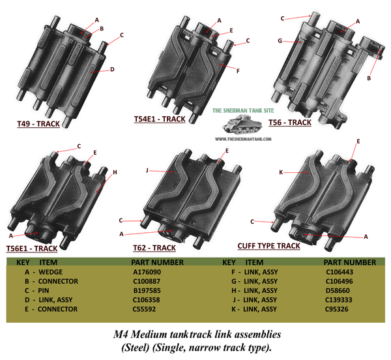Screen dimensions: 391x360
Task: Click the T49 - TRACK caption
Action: click(38, 124)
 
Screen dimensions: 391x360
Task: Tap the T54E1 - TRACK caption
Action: click(160, 119)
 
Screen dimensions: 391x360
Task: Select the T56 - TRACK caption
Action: click(290, 123)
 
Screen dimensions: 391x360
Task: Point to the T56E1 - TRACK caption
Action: click(32, 248)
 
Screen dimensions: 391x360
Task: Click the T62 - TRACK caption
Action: click(154, 248)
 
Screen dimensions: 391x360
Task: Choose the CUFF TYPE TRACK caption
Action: click(268, 246)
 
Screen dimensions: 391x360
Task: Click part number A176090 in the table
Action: click(147, 272)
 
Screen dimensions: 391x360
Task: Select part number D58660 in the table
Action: click(338, 290)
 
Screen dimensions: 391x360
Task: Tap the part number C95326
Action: click(337, 309)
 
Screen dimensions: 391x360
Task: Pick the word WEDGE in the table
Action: click(51, 272)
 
